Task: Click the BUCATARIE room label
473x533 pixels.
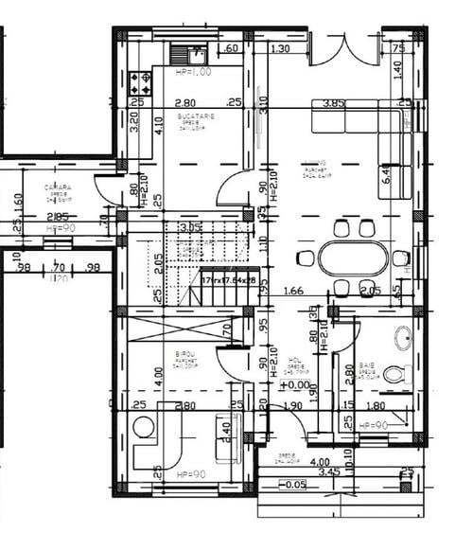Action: tap(197, 115)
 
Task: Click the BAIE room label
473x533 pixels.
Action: tap(367, 364)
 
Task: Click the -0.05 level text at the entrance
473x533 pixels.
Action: tap(295, 485)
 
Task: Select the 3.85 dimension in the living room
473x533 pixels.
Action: tap(332, 103)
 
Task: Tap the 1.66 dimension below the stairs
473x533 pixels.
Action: tap(293, 291)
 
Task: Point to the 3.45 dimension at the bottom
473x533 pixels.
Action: tap(328, 471)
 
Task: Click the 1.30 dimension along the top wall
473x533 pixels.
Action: tap(280, 49)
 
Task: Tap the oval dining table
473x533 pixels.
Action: tap(353, 258)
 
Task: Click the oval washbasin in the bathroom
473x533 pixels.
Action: tap(402, 335)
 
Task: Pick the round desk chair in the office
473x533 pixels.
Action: tap(145, 428)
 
